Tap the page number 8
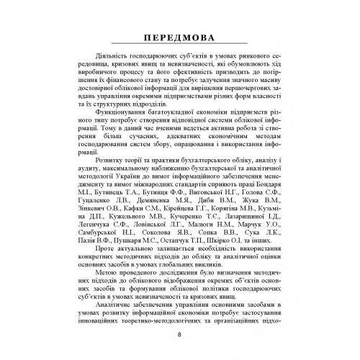click(x=179, y=333)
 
